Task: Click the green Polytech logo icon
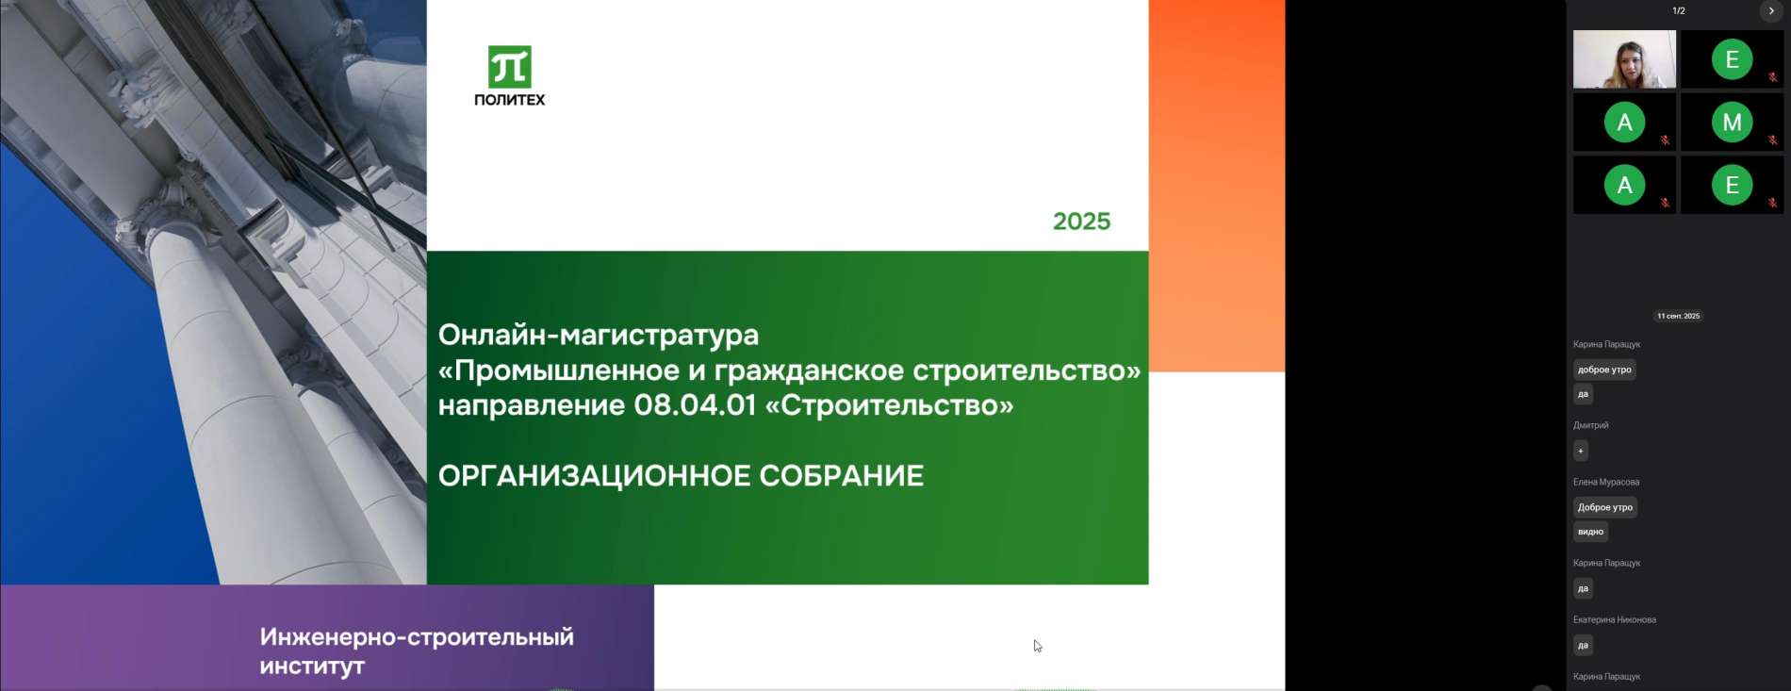[x=510, y=67]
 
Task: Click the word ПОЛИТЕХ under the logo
[x=509, y=100]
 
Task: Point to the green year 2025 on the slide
[x=1081, y=222]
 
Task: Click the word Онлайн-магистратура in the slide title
[x=599, y=335]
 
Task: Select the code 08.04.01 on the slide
[x=695, y=405]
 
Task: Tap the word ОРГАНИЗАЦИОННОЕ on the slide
[x=594, y=476]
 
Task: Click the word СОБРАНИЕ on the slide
[x=841, y=476]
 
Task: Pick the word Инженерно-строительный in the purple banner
[x=417, y=637]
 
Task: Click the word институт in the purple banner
[x=312, y=666]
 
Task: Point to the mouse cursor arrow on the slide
[x=1037, y=646]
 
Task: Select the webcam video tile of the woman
[x=1624, y=59]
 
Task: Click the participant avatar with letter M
[x=1732, y=123]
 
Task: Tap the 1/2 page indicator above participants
[x=1679, y=11]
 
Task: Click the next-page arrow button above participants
[x=1771, y=11]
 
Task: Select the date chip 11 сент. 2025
[x=1679, y=316]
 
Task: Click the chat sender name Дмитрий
[x=1590, y=425]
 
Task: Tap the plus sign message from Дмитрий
[x=1581, y=451]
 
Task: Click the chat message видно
[x=1590, y=532]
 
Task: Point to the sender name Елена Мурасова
[x=1606, y=482]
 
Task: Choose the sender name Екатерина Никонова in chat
[x=1615, y=619]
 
